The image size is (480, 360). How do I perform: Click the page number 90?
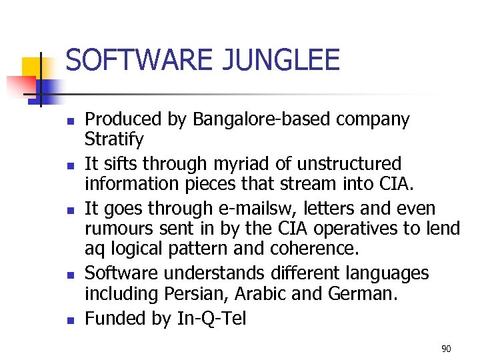pyautogui.click(x=446, y=349)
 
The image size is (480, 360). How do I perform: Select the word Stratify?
pyautogui.click(x=114, y=140)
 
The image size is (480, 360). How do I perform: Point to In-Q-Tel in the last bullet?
pyautogui.click(x=211, y=319)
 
